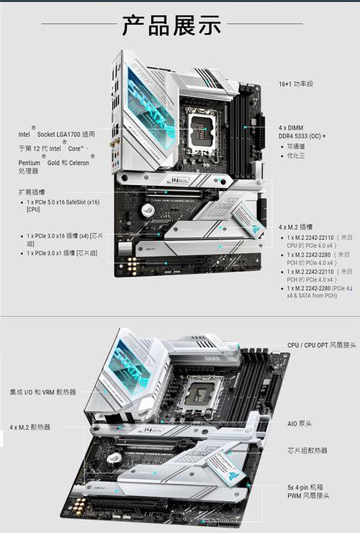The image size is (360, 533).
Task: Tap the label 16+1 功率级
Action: tap(296, 84)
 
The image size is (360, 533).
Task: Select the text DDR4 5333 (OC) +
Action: tap(302, 135)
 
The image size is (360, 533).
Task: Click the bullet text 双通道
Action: tap(296, 146)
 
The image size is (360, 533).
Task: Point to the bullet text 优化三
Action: tap(296, 156)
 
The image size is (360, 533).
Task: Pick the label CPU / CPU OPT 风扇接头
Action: tap(321, 345)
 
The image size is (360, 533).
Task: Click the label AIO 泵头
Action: tap(299, 424)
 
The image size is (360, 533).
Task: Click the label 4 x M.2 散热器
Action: tap(30, 427)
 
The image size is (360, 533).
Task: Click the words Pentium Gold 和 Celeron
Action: tap(58, 163)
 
